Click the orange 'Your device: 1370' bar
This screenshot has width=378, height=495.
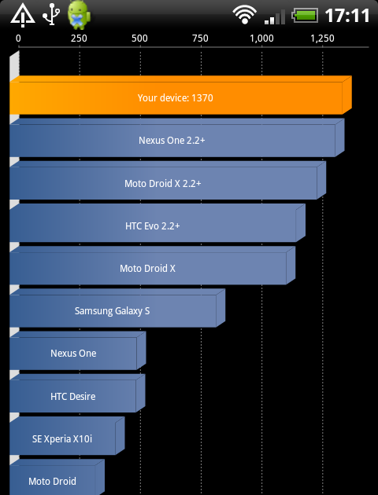(180, 95)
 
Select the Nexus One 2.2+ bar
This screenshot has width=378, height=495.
(177, 137)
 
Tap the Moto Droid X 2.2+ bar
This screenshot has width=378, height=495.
(168, 180)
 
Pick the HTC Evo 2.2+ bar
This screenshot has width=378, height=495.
(157, 223)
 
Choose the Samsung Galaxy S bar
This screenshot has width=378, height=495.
(117, 308)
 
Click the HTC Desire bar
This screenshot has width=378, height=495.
(77, 394)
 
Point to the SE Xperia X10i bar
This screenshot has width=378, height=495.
(67, 436)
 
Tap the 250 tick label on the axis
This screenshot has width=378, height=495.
(79, 38)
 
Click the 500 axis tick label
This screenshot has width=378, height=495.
(139, 38)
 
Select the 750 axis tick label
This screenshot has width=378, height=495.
(200, 38)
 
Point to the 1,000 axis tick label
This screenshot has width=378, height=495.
(261, 38)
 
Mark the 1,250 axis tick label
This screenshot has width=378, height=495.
(322, 38)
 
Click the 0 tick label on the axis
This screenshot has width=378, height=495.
(18, 38)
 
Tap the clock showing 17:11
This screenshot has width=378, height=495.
(347, 16)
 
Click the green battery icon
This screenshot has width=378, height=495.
(305, 16)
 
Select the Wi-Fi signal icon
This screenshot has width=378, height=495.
(244, 15)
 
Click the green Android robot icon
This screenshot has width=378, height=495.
(79, 15)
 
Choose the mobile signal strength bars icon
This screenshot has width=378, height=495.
(275, 17)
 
